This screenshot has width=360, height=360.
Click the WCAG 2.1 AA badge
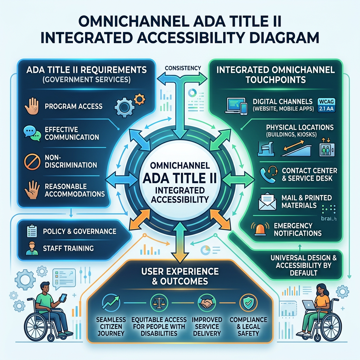(x=326, y=105)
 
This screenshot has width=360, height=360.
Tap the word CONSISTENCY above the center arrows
(x=183, y=68)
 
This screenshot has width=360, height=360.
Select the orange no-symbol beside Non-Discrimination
(x=32, y=162)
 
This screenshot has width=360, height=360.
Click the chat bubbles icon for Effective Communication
(x=32, y=133)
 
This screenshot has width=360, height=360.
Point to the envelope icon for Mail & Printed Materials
(x=267, y=201)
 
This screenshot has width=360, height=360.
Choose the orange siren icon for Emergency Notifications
(x=260, y=229)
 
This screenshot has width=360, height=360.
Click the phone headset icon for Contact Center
(x=269, y=174)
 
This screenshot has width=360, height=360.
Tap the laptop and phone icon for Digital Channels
(x=236, y=106)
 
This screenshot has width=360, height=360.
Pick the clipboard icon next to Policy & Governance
(x=32, y=231)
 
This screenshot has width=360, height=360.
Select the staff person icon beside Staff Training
(x=32, y=249)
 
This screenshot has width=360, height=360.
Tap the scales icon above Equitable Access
(x=159, y=303)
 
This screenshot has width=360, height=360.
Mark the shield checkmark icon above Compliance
(x=248, y=303)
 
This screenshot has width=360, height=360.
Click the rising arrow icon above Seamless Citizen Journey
(x=111, y=303)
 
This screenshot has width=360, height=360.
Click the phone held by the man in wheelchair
(x=63, y=298)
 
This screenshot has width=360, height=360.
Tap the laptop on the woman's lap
(x=309, y=304)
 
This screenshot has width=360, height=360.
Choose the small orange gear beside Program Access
(x=139, y=99)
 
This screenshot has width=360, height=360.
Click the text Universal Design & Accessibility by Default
(x=303, y=265)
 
